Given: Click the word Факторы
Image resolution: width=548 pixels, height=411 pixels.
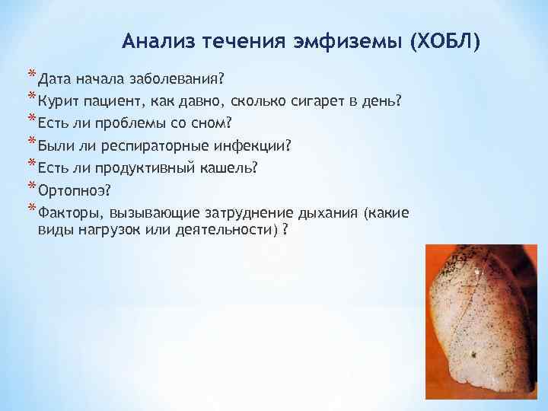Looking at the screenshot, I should pyautogui.click(x=71, y=212).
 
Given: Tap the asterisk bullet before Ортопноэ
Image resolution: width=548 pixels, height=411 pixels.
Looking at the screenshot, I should pyautogui.click(x=32, y=187).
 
